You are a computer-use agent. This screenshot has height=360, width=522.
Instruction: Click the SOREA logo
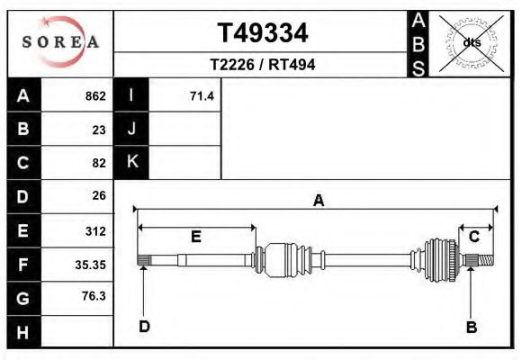click(60, 42)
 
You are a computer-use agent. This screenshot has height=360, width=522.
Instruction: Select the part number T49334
click(263, 33)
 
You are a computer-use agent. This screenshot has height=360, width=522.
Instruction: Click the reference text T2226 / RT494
click(262, 65)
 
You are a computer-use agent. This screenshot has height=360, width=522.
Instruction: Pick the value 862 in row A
click(94, 96)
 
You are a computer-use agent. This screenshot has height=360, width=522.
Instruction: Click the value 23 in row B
click(99, 130)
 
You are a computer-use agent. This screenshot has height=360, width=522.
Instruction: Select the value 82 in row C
click(99, 163)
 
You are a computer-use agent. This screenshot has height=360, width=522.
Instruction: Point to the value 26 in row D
click(99, 195)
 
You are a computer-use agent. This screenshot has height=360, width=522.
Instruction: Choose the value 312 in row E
click(95, 230)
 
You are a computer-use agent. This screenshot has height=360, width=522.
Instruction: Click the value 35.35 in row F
click(91, 264)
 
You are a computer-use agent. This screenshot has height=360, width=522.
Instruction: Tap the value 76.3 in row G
click(94, 296)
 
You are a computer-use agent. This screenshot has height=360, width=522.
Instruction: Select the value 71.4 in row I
click(202, 96)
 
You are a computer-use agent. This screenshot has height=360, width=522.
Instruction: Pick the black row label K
click(131, 162)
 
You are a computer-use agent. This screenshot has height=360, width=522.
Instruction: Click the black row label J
click(131, 129)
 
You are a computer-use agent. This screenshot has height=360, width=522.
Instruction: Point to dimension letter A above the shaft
click(318, 202)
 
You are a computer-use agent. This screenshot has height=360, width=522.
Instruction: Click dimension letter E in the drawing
click(195, 237)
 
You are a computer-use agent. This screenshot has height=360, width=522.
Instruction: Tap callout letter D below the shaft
click(144, 327)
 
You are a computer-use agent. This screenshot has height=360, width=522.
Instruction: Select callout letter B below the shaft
click(471, 327)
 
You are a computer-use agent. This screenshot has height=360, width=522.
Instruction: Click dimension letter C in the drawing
click(473, 237)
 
